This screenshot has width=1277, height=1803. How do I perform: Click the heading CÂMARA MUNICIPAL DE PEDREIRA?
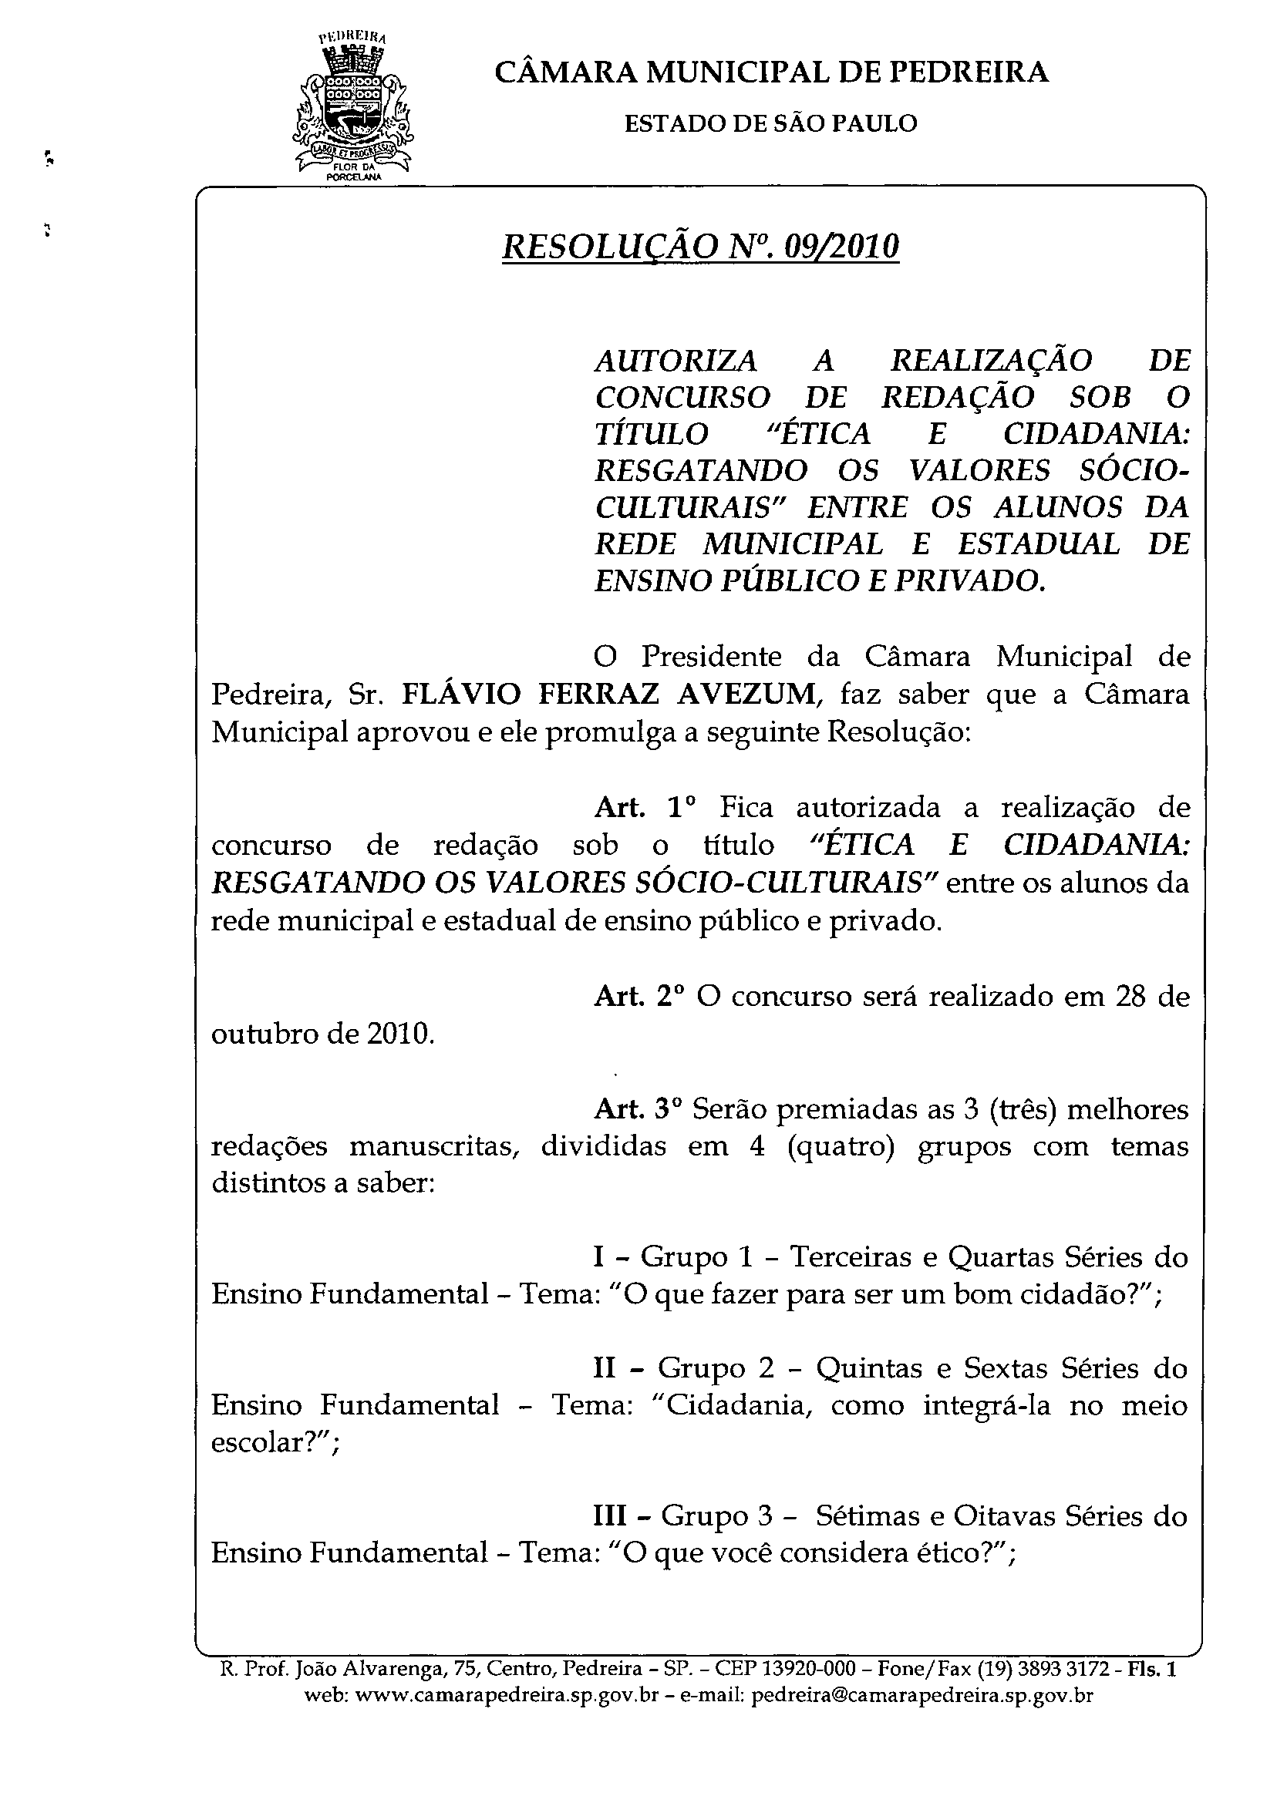pyautogui.click(x=771, y=72)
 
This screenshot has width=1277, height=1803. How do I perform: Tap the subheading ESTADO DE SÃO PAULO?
pyautogui.click(x=770, y=123)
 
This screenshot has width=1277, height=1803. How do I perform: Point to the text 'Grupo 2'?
pyautogui.click(x=716, y=1368)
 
